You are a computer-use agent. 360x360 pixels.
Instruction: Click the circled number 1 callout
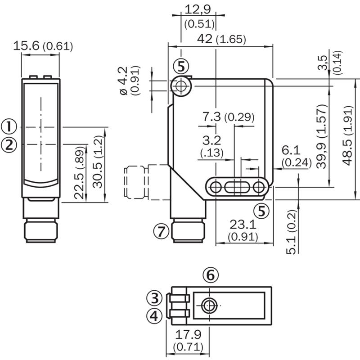[9, 126]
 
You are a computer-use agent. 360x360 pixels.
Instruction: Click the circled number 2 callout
[9, 145]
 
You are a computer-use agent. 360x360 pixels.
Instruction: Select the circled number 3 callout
[154, 298]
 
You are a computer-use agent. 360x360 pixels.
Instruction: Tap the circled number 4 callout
[154, 315]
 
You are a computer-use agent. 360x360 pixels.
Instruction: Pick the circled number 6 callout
[211, 275]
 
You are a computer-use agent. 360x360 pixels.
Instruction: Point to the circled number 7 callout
[162, 231]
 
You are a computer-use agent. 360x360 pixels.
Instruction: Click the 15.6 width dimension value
[26, 46]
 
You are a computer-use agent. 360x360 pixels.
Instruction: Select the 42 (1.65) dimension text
[221, 39]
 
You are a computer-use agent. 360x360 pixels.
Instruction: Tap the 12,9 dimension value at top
[198, 9]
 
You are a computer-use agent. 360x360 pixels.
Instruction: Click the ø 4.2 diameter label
[124, 81]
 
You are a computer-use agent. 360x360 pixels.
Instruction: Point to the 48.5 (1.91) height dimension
[347, 135]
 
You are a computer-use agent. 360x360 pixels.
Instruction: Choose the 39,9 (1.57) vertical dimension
[321, 136]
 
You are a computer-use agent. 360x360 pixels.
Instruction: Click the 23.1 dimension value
[243, 224]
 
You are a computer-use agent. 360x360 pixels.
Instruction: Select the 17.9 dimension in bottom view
[188, 334]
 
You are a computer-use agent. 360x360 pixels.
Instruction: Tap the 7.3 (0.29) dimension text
[229, 117]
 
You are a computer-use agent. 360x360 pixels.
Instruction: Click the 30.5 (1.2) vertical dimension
[98, 162]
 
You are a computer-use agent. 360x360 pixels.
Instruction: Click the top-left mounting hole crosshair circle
[181, 86]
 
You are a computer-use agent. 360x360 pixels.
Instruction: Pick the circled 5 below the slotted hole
[261, 211]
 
